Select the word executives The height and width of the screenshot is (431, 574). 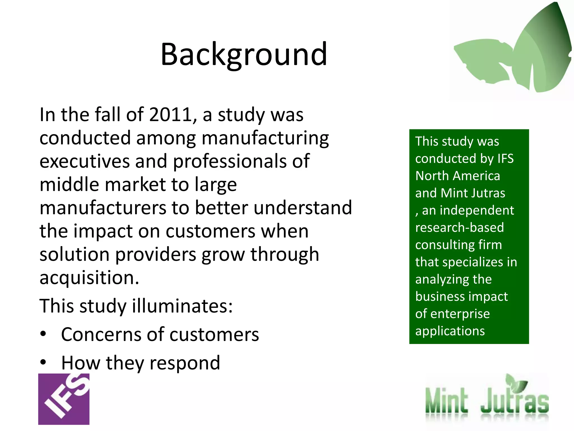84,161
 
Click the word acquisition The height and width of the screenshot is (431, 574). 89,278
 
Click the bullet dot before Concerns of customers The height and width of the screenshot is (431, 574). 43,334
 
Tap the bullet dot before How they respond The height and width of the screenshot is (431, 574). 43,362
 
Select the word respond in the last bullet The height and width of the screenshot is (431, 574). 185,363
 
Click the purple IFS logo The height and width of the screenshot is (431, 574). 64,399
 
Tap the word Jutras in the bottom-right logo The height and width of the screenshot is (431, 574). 515,401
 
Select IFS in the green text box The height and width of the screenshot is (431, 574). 505,159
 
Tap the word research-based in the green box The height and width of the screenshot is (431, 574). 459,228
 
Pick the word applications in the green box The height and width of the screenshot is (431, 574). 450,331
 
